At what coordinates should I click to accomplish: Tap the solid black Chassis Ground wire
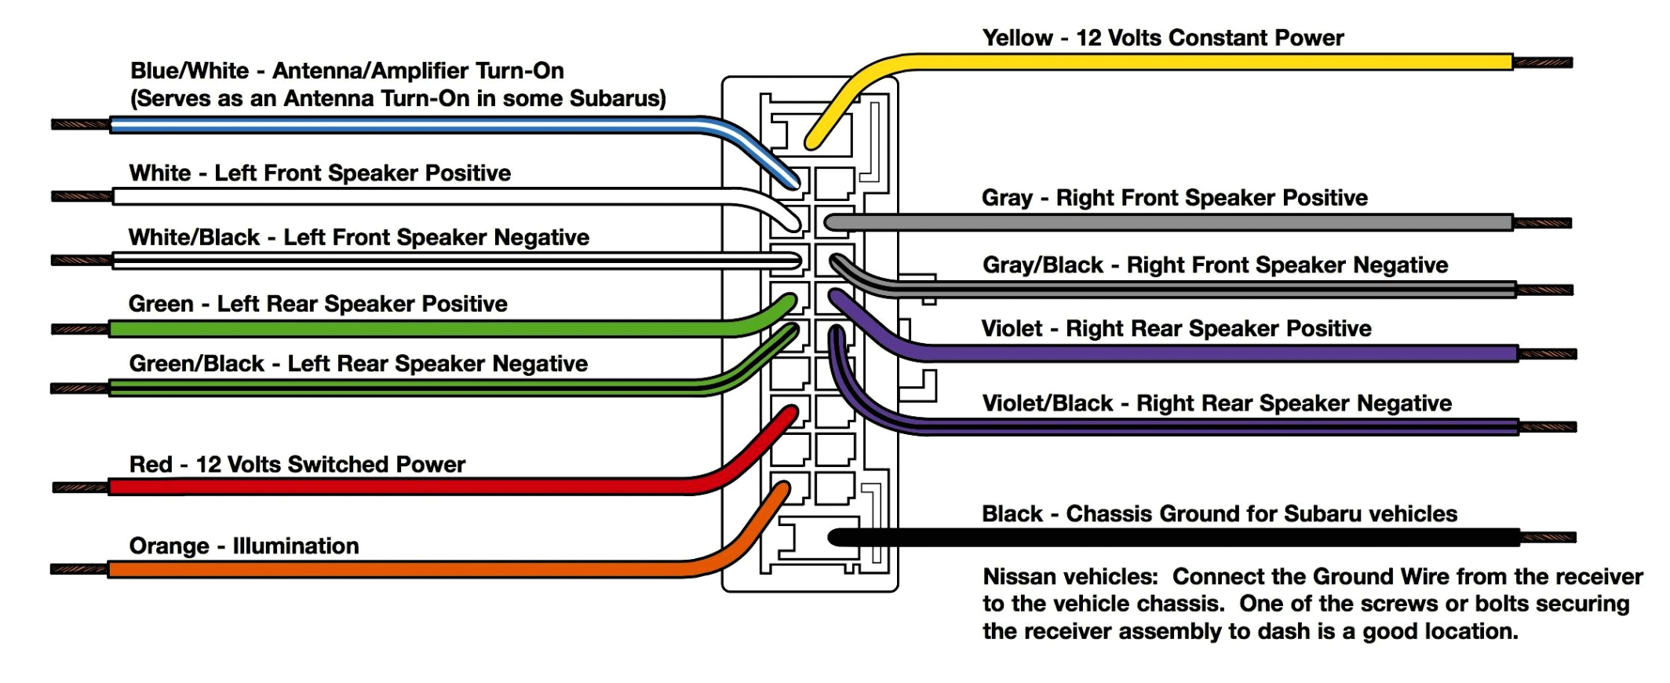point(1177,538)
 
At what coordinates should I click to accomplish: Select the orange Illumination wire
point(392,569)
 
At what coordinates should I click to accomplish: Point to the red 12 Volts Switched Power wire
point(392,487)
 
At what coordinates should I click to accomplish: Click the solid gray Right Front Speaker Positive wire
point(1177,223)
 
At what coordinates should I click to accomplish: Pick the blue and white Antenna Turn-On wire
point(392,125)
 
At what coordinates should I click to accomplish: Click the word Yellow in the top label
point(1017,38)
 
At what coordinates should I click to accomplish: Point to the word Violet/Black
point(1047,404)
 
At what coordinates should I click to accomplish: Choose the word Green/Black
point(196,363)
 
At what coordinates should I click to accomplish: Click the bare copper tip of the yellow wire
point(1543,62)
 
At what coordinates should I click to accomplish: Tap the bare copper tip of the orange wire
point(79,569)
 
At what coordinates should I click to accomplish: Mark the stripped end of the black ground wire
point(1548,538)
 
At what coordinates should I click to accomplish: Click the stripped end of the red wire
point(81,488)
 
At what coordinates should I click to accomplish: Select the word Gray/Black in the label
point(1042,265)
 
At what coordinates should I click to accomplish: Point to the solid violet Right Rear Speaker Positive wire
point(1177,353)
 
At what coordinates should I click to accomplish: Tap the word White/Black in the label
point(194,237)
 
